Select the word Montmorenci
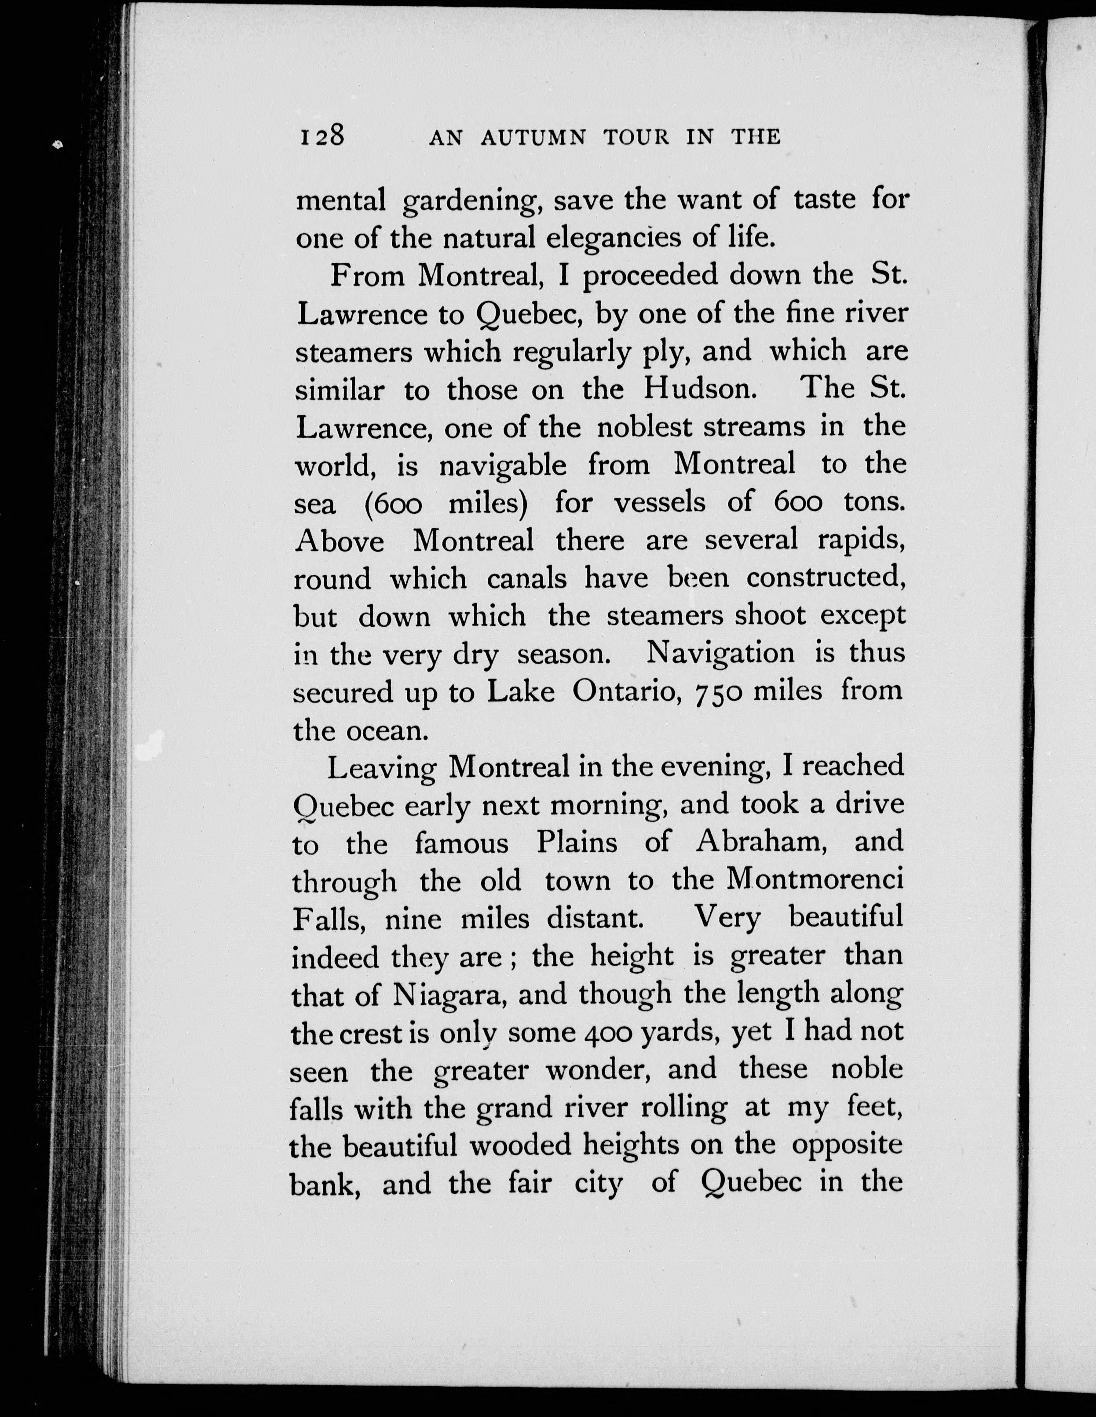[x=815, y=880]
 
